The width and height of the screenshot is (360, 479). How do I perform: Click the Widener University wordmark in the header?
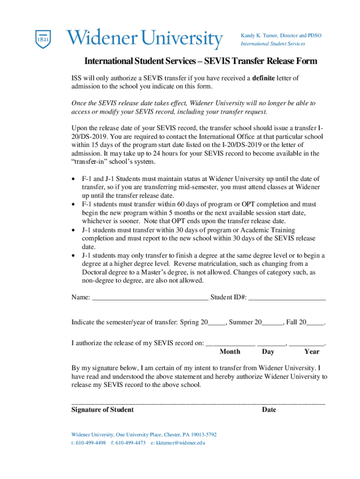point(144,38)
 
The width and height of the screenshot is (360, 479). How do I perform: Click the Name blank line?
point(150,297)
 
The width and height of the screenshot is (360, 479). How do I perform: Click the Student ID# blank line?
point(287,297)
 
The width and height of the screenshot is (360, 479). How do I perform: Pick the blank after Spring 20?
point(216,322)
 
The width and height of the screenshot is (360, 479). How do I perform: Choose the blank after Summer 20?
point(273,322)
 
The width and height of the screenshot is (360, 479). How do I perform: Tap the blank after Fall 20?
point(316,322)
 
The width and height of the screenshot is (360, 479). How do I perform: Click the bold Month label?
point(230,351)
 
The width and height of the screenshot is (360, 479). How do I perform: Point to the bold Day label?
point(268,351)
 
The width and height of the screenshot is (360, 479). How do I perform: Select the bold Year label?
point(312,351)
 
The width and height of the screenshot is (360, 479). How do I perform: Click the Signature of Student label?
point(102,410)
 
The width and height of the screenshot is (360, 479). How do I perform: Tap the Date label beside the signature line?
point(269,410)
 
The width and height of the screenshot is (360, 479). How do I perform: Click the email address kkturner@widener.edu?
point(180,443)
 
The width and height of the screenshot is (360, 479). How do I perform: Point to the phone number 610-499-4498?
point(90,443)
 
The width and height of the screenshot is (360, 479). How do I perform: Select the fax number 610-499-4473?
point(130,443)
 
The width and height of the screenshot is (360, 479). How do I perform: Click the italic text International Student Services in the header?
point(273,44)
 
